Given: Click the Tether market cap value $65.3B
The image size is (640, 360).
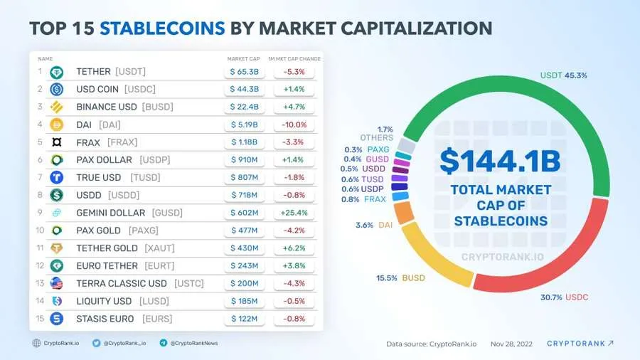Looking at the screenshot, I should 245,72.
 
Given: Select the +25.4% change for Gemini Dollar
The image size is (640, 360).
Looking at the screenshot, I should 294,213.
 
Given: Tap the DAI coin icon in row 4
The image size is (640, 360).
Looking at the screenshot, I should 57,125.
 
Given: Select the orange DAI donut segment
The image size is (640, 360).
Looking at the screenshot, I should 404,213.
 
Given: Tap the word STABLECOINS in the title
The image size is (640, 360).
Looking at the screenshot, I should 163,28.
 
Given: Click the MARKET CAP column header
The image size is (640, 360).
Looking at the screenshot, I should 243,58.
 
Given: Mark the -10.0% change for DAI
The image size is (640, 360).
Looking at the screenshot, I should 294,125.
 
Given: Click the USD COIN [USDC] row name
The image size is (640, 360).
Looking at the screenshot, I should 115,90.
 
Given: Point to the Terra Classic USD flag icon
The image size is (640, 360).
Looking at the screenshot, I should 57,283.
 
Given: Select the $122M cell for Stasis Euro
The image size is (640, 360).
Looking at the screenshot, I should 245,319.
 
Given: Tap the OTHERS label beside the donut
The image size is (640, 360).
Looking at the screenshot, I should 376,138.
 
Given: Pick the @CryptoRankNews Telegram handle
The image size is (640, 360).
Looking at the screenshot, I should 193,343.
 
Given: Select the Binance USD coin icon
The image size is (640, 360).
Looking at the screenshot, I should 57,107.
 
